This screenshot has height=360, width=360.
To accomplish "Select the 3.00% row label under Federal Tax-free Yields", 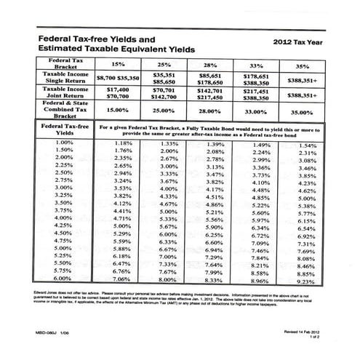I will [x=64, y=188].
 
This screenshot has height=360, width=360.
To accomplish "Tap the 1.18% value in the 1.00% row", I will [x=123, y=143].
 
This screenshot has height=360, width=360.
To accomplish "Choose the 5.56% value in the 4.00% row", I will [x=215, y=219].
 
